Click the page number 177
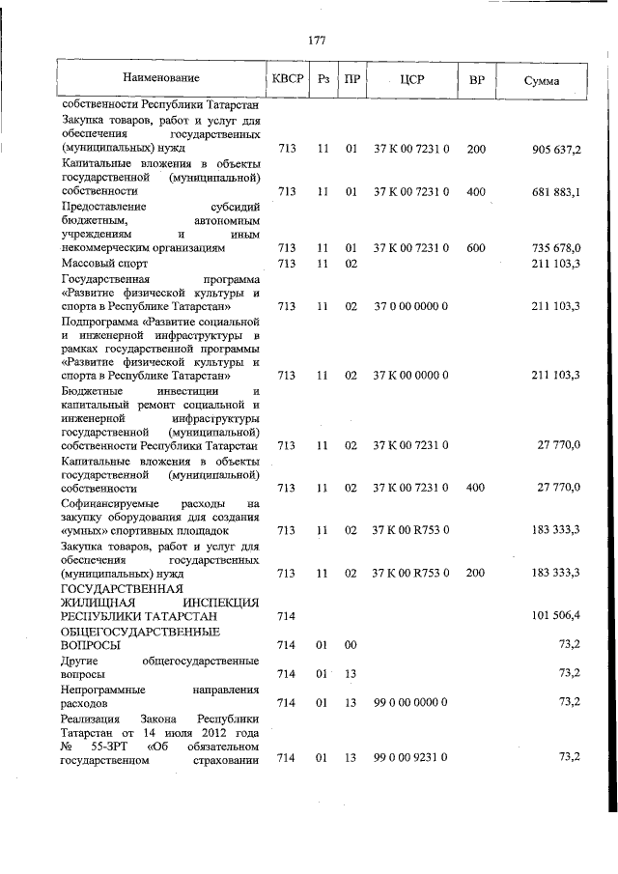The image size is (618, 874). (x=316, y=41)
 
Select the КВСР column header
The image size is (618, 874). (x=287, y=78)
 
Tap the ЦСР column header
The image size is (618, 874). (x=410, y=78)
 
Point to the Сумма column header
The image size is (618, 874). (x=542, y=79)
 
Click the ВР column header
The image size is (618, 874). (x=475, y=78)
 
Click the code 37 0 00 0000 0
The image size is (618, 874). (x=410, y=306)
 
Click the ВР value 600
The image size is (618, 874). (x=475, y=248)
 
